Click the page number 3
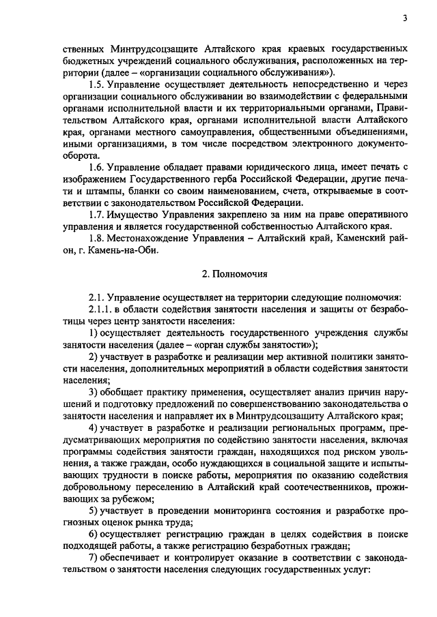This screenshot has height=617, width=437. click(x=404, y=18)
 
